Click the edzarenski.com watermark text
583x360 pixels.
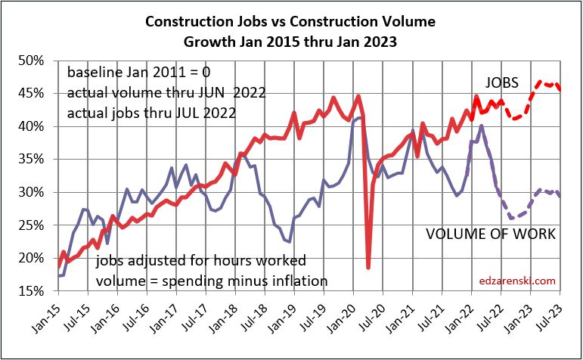coord(518,281)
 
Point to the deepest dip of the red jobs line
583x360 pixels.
coord(368,267)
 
